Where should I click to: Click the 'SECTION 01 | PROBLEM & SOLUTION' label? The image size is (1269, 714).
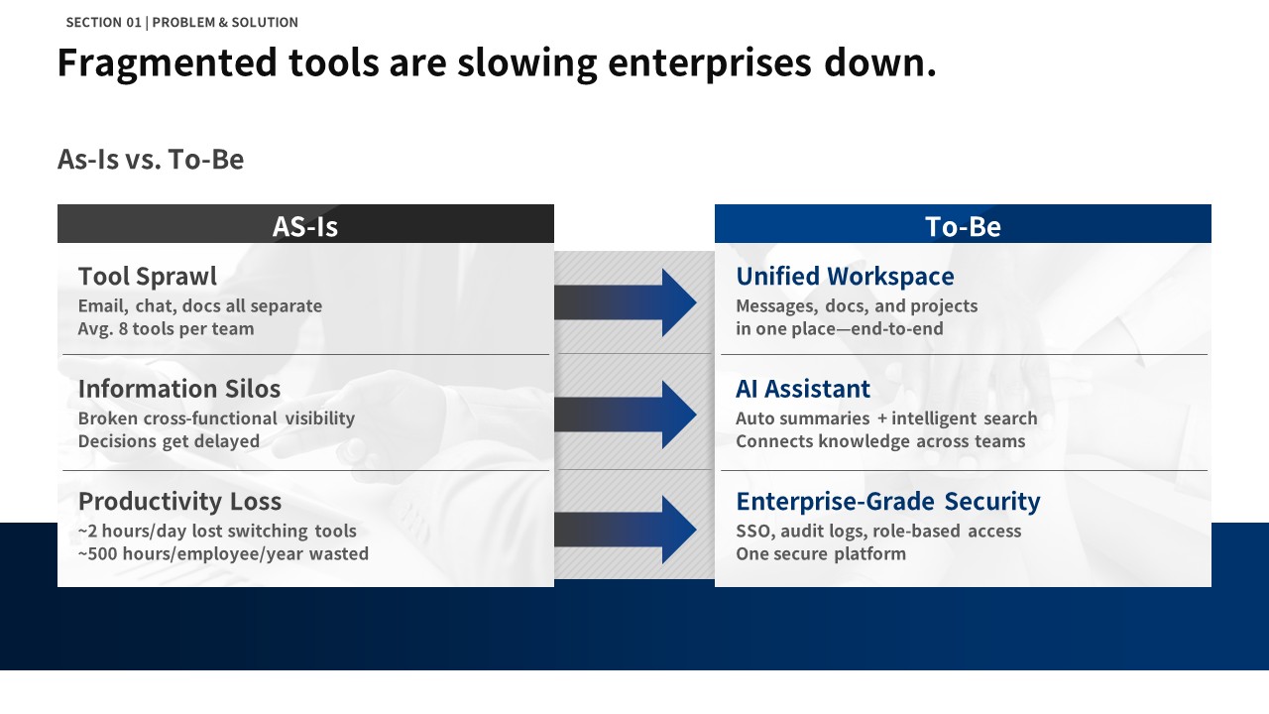181,22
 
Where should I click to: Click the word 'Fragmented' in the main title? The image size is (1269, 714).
168,62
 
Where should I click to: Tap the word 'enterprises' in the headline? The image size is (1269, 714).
709,62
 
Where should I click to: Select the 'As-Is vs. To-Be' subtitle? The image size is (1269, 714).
151,160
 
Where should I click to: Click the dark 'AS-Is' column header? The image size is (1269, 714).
305,224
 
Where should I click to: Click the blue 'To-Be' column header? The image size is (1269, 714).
963,224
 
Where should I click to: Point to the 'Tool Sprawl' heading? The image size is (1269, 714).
148,277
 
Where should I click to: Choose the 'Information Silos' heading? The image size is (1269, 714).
179,389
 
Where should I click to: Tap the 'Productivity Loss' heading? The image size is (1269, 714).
179,502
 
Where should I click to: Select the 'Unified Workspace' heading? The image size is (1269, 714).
845,277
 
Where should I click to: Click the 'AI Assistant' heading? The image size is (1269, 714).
803,389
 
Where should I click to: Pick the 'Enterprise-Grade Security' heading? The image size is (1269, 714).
887,502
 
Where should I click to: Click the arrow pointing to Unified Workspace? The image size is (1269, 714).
626,302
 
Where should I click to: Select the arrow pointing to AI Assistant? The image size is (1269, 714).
626,415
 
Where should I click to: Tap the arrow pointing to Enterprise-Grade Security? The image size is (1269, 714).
626,530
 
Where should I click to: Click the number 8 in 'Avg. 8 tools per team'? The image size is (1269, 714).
124,328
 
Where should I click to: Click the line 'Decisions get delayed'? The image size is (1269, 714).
169,441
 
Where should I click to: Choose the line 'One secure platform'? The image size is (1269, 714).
821,553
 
